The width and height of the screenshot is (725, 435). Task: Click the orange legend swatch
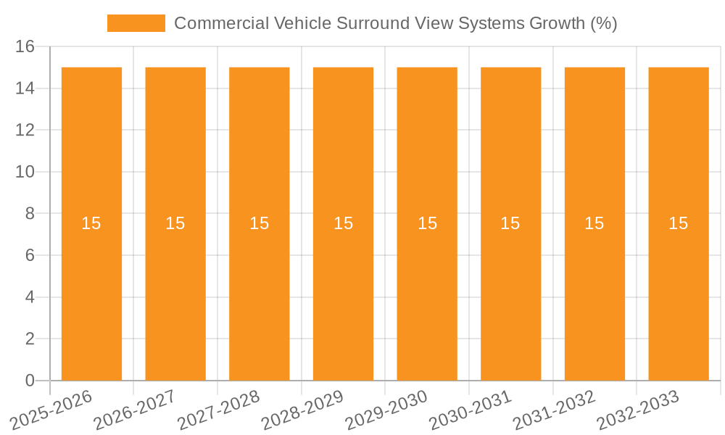[136, 23]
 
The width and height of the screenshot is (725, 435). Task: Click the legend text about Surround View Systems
[395, 23]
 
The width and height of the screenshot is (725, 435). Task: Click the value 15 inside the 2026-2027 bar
[175, 223]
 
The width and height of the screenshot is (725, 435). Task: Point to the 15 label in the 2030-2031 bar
[510, 223]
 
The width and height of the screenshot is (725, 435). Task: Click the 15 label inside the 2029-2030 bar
[427, 223]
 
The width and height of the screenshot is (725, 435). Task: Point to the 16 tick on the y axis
[25, 47]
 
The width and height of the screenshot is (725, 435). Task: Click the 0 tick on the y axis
[30, 381]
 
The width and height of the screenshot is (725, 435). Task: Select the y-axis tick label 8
[30, 214]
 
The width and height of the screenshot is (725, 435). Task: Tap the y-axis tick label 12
[25, 130]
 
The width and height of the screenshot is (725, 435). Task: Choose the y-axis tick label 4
[30, 297]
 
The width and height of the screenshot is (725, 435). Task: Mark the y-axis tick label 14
[25, 88]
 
